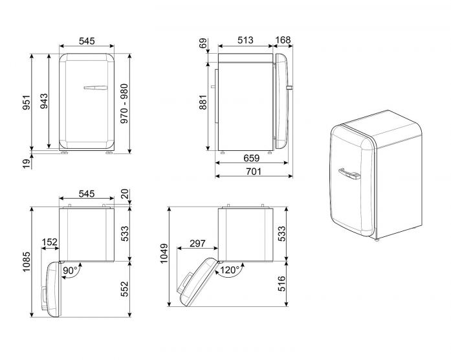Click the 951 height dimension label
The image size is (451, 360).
pyautogui.click(x=27, y=102)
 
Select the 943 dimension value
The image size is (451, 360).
pyautogui.click(x=44, y=101)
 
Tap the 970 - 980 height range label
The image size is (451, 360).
pyautogui.click(x=124, y=104)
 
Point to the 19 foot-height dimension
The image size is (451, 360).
pyautogui.click(x=27, y=164)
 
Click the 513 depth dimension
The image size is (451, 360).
pyautogui.click(x=245, y=40)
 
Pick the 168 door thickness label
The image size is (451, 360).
pyautogui.click(x=283, y=39)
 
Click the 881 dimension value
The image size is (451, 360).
pyautogui.click(x=203, y=102)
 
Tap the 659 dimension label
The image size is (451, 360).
pyautogui.click(x=252, y=158)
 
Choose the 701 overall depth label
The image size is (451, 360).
pyautogui.click(x=254, y=172)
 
